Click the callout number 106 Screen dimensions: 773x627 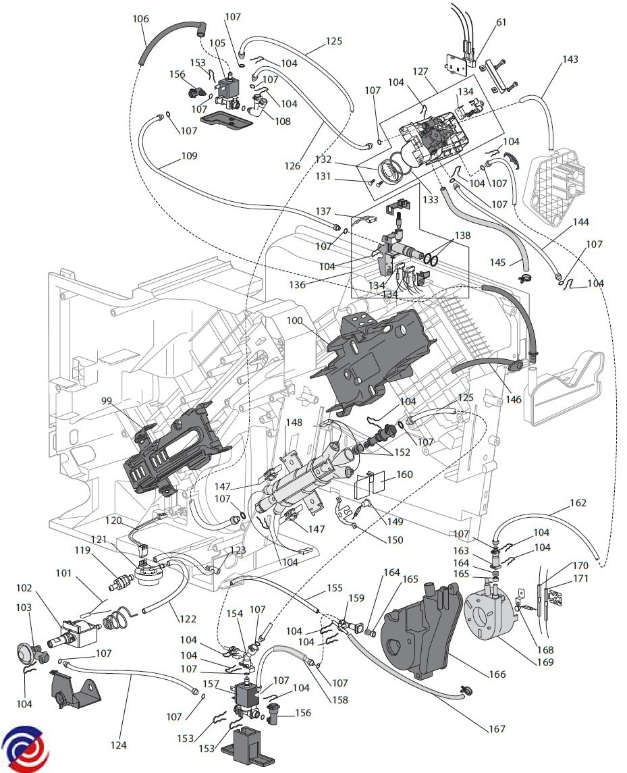(x=140, y=19)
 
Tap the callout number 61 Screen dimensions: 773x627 (x=501, y=22)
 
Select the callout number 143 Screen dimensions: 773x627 (x=570, y=59)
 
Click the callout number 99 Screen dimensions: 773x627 (x=107, y=400)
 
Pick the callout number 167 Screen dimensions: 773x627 (x=497, y=728)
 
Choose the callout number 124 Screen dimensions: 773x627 (x=119, y=745)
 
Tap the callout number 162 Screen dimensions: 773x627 (x=578, y=502)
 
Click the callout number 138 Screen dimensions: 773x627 (x=462, y=237)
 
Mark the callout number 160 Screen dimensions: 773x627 (x=404, y=475)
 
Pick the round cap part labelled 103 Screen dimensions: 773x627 (x=30, y=654)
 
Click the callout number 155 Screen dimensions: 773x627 (x=335, y=588)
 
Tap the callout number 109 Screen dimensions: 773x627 (x=189, y=156)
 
